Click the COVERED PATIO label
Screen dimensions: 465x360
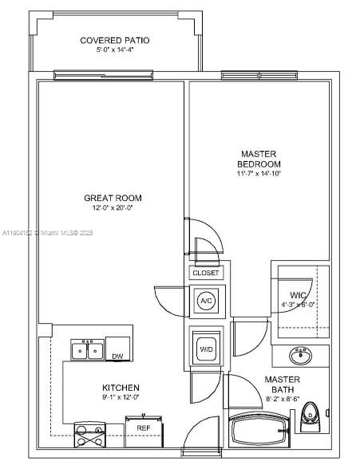pos(114,41)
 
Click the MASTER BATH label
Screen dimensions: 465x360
pos(282,384)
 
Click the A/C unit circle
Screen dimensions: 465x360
pos(206,300)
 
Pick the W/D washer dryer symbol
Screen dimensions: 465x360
pos(206,349)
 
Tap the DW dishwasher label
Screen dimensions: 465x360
pos(117,356)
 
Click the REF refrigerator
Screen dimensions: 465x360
pos(144,428)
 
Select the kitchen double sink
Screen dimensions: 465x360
pos(87,350)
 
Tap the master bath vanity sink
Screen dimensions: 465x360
pos(301,355)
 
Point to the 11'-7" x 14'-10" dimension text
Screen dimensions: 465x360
pos(258,174)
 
